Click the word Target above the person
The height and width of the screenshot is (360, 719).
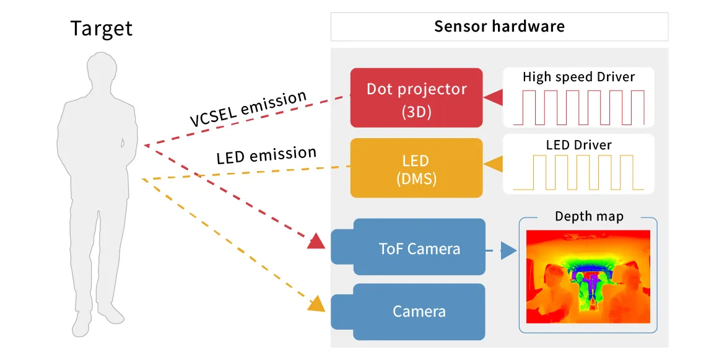[x=101, y=29]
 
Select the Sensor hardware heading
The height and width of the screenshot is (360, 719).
[x=499, y=27]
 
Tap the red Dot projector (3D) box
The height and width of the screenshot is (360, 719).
[x=416, y=97]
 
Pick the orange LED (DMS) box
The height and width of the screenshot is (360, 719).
[x=416, y=168]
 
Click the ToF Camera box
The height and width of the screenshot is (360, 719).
[x=419, y=249]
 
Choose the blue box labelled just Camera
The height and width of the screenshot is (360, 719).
[x=419, y=311]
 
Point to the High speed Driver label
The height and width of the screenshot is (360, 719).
[x=578, y=77]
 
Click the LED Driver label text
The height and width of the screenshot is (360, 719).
[x=578, y=145]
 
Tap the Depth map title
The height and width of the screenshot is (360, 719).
[x=588, y=217]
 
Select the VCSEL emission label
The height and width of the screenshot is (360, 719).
[x=248, y=108]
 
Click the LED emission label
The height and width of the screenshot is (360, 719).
[x=266, y=155]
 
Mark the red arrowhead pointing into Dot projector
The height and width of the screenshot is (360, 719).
[x=494, y=97]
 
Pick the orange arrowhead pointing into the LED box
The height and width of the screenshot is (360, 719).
[x=494, y=165]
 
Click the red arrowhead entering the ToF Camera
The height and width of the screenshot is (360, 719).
[x=316, y=240]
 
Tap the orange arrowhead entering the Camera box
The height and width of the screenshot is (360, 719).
[x=316, y=304]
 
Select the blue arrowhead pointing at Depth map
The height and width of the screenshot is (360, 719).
[x=508, y=251]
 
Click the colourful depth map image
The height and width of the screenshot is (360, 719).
[x=588, y=276]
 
